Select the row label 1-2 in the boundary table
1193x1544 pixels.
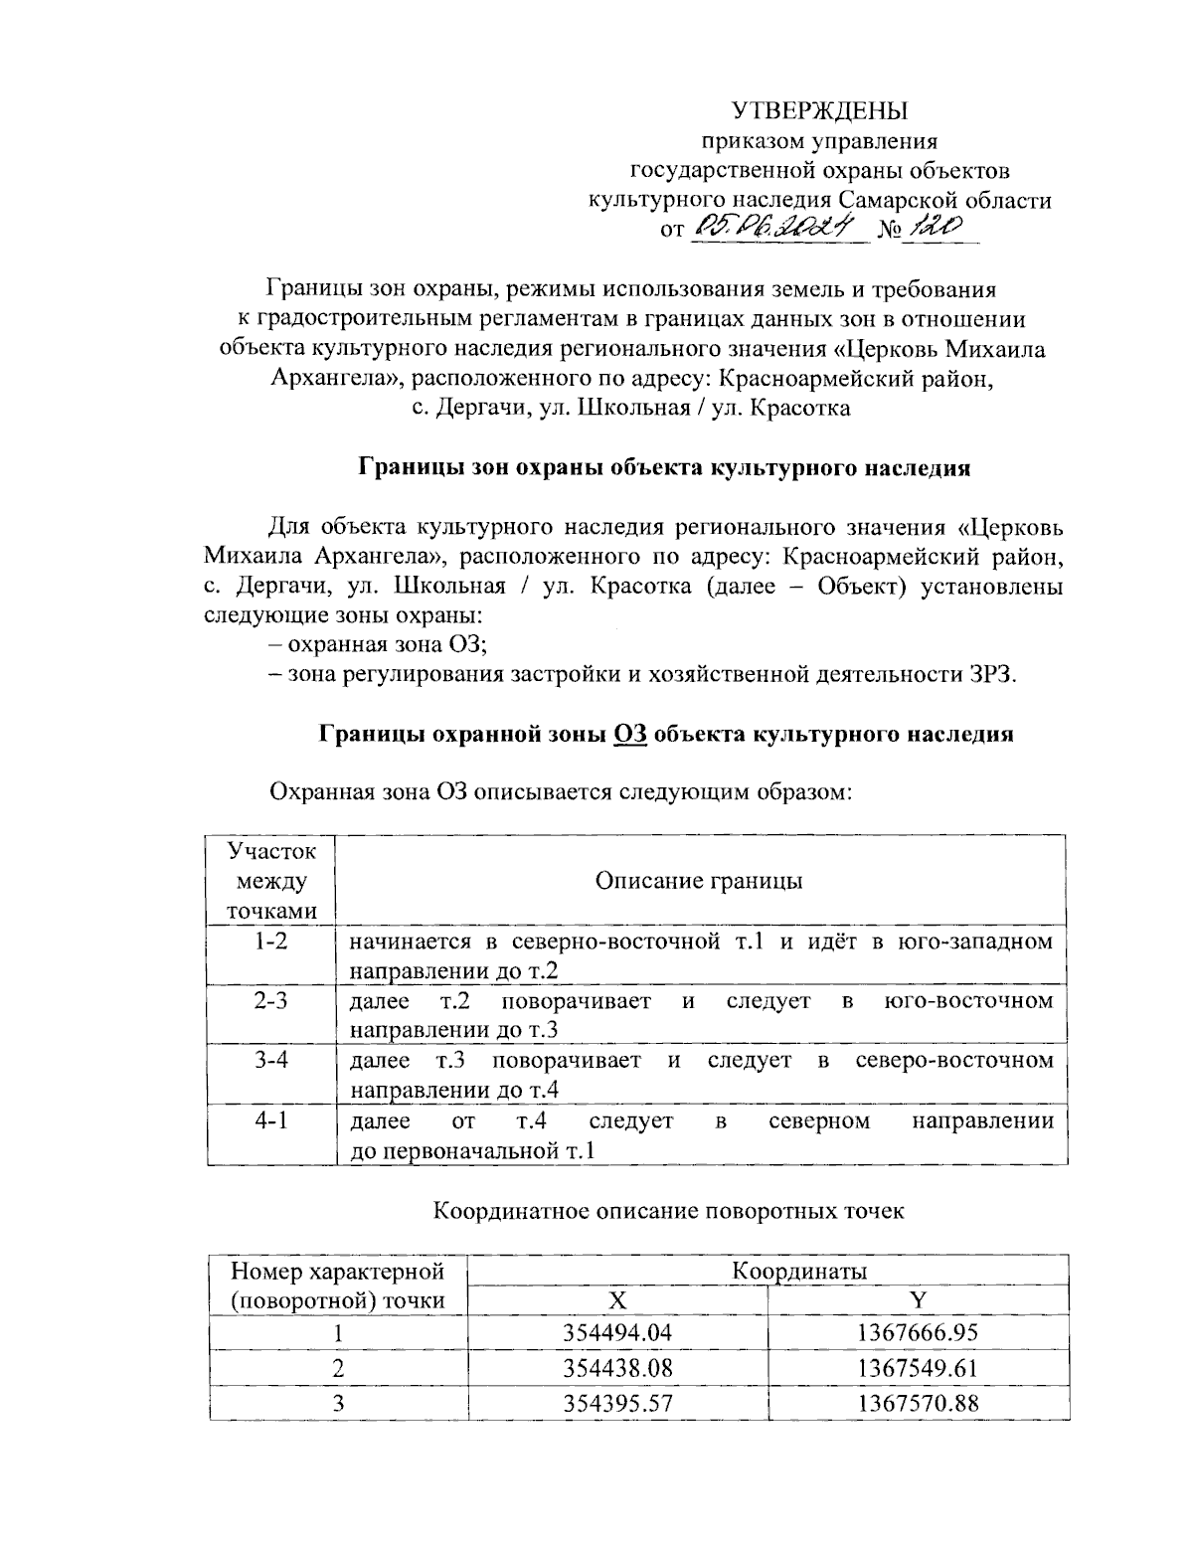point(269,941)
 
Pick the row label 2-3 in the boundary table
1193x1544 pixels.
point(269,1000)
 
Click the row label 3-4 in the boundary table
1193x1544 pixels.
point(269,1060)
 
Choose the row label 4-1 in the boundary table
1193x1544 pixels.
point(269,1120)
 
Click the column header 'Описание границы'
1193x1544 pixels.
point(699,881)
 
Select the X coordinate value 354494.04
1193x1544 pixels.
point(617,1332)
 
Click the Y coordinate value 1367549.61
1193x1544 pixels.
point(918,1367)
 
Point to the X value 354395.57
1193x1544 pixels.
point(617,1402)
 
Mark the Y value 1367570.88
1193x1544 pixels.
point(918,1402)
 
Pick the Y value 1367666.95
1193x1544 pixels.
point(918,1332)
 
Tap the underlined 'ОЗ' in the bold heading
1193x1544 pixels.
point(631,735)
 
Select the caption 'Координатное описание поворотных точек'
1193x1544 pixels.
point(669,1211)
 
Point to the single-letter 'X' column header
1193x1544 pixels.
point(617,1299)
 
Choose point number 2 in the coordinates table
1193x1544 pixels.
point(338,1367)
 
